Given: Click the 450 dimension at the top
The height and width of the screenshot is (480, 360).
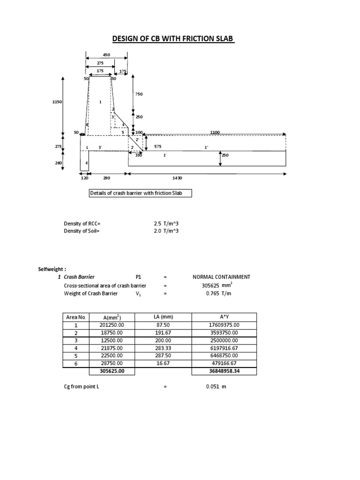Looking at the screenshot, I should pyautogui.click(x=106, y=55).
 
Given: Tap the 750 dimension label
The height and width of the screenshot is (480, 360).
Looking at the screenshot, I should pyautogui.click(x=139, y=94).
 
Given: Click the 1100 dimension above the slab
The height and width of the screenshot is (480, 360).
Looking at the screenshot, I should pyautogui.click(x=215, y=133).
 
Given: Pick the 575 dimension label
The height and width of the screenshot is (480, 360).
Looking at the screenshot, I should pyautogui.click(x=158, y=147).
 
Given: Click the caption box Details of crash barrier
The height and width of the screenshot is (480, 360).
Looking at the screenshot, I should pyautogui.click(x=140, y=194).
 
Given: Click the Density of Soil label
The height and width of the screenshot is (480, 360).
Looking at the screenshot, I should pyautogui.click(x=82, y=231).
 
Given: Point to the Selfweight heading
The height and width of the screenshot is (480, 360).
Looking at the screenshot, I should pyautogui.click(x=52, y=269).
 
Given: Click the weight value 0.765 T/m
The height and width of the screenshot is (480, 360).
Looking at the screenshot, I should pyautogui.click(x=217, y=293).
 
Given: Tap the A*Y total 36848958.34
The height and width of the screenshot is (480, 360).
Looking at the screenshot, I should pyautogui.click(x=225, y=371).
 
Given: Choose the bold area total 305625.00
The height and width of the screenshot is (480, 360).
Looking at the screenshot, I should pyautogui.click(x=112, y=371).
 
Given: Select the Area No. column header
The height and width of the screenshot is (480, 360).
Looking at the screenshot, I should pyautogui.click(x=75, y=317).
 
